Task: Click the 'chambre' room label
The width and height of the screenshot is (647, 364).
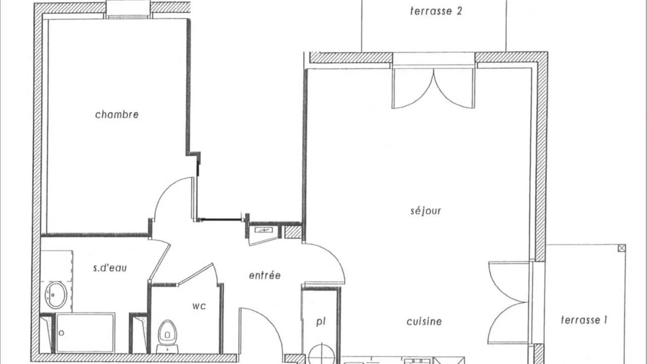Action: point(117,115)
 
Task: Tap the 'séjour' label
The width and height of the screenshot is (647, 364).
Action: point(426,211)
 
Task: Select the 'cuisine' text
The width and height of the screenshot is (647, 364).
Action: point(424,321)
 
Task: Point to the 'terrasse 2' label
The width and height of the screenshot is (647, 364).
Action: point(436,11)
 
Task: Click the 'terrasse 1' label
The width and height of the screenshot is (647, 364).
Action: point(584,320)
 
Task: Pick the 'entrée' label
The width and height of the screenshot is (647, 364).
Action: point(265,276)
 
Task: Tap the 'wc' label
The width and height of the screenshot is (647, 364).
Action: point(199,306)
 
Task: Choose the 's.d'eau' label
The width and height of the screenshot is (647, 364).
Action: point(110,268)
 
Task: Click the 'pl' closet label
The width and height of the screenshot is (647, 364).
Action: point(320,322)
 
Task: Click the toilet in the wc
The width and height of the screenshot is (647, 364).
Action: point(167,336)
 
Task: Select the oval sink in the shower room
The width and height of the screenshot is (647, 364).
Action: point(56,295)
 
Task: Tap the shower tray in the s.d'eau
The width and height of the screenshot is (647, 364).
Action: point(85,333)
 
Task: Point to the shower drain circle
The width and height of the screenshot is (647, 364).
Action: point(61,333)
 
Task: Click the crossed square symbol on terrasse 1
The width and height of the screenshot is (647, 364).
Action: point(622,248)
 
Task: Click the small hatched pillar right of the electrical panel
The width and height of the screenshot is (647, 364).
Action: point(293,232)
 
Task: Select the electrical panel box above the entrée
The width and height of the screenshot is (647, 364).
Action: point(263,230)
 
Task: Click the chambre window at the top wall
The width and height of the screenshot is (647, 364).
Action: point(128,10)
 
